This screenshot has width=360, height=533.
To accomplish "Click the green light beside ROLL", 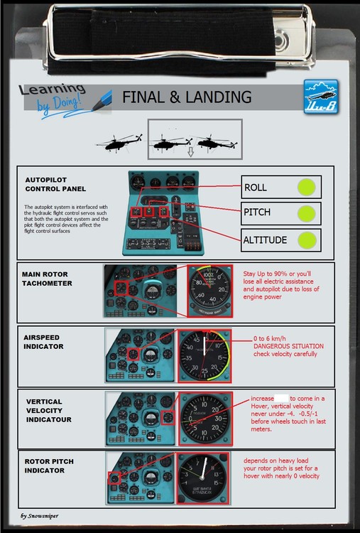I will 306,188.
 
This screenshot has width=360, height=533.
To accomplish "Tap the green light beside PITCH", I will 306,214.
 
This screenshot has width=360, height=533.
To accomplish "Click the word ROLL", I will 256,188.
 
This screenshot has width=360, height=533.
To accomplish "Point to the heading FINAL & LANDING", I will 187,97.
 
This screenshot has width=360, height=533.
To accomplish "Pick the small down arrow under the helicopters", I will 190,151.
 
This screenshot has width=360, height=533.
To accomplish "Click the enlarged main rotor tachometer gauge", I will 209,291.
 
